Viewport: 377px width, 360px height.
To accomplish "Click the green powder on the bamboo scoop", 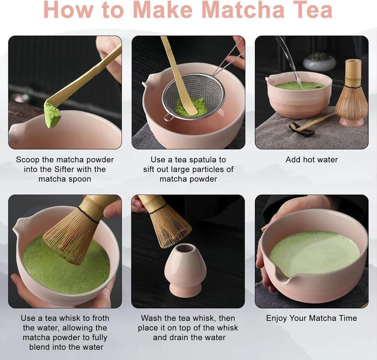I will click(52, 114).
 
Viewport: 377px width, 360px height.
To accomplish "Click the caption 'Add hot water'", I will click(312, 159).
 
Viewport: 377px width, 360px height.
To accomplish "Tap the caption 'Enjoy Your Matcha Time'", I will click(312, 318).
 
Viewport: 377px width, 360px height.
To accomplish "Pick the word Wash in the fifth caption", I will click(152, 318).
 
